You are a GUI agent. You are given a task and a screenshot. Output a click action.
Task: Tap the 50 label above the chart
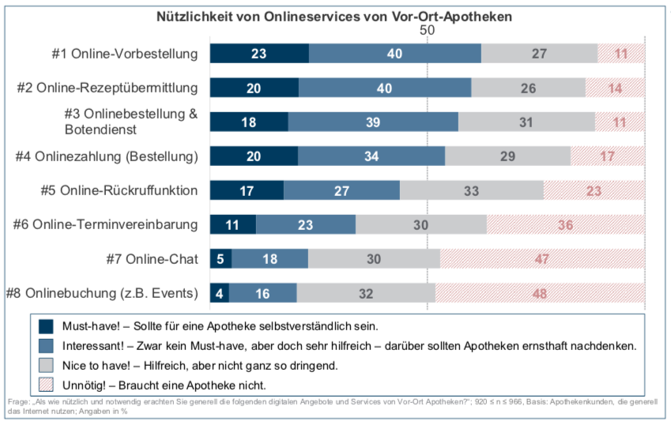(x=428, y=29)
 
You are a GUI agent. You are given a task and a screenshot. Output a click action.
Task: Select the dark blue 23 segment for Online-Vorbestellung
(x=259, y=54)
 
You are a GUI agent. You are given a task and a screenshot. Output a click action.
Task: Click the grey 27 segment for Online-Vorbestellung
(x=539, y=54)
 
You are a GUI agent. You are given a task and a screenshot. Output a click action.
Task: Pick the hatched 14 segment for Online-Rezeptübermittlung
(x=615, y=88)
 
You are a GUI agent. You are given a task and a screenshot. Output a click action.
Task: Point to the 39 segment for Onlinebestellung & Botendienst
(x=373, y=122)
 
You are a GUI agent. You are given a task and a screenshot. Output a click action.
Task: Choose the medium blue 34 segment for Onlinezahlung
(x=371, y=156)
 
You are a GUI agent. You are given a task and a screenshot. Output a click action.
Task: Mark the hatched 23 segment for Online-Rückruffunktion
(x=594, y=190)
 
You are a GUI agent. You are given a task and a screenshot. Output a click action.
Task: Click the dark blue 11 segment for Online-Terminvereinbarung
(x=233, y=224)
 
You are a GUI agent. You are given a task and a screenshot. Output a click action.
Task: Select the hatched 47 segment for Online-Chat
(x=542, y=258)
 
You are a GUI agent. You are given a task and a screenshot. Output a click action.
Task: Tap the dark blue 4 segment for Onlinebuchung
(x=220, y=293)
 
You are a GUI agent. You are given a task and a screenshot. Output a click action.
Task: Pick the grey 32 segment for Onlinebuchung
(x=365, y=293)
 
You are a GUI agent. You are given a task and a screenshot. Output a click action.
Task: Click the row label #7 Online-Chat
(x=151, y=258)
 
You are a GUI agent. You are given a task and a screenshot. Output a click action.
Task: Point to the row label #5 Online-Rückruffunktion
(x=119, y=190)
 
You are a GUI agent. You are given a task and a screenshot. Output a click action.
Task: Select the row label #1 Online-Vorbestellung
(x=124, y=54)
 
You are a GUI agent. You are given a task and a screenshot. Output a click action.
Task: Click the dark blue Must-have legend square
(x=46, y=326)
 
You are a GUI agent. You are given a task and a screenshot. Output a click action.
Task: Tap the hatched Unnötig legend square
(x=46, y=385)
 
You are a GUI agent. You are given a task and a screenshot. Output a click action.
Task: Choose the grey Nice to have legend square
(x=46, y=365)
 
